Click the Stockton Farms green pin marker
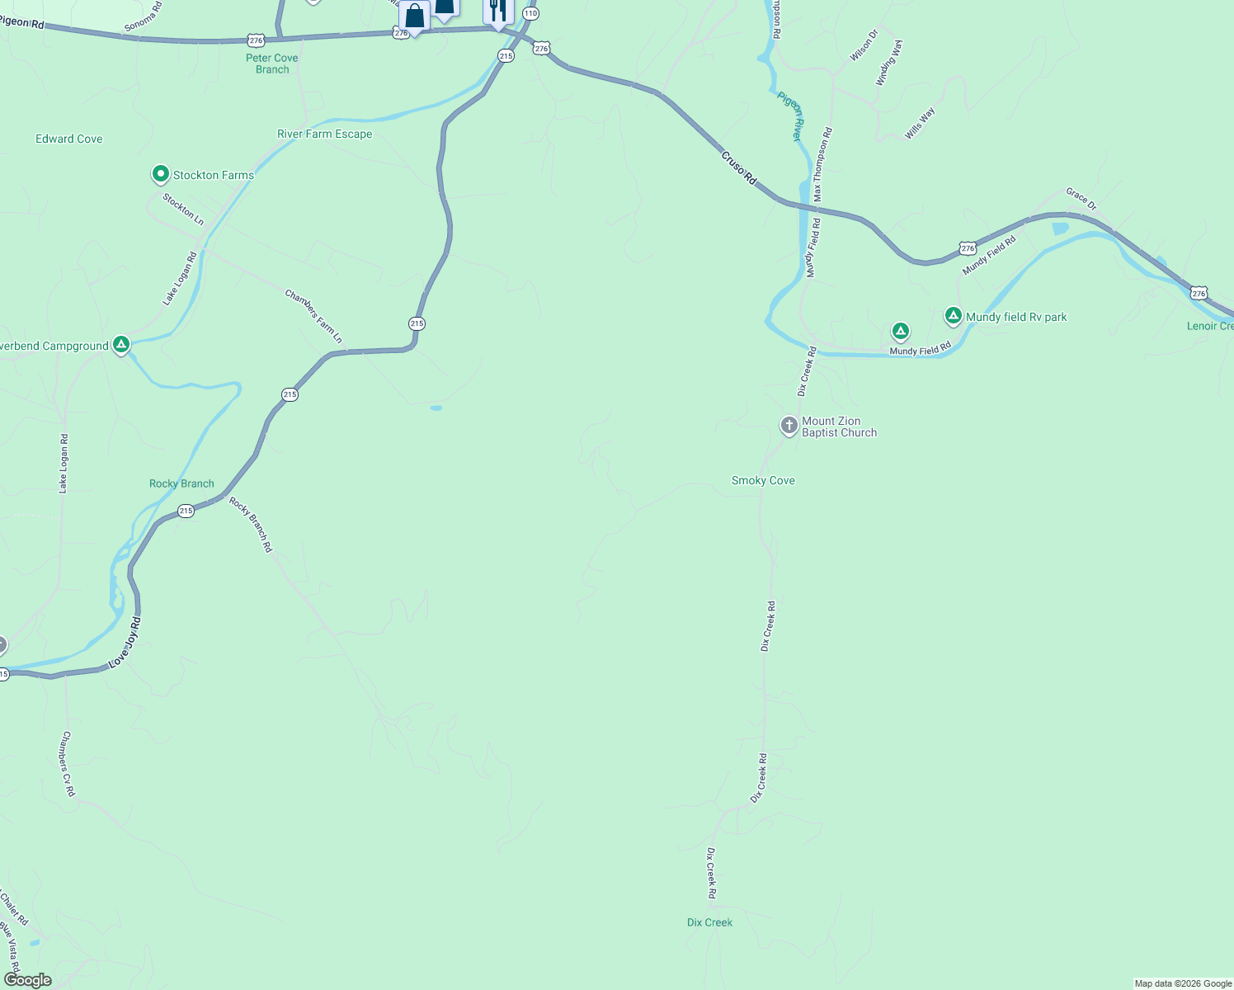161,174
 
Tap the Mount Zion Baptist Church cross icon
789,426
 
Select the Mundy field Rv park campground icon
954,316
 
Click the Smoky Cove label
763,480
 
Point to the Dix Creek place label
709,922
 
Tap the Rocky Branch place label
181,483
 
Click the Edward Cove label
69,139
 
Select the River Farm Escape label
324,134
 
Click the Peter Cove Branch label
272,64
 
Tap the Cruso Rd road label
738,167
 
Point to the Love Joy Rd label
126,643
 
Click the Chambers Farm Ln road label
313,316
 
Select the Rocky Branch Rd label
250,525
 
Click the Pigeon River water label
790,116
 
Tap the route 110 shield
530,14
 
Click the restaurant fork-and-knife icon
497,10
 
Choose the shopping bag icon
414,16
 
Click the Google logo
27,980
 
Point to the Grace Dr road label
1081,199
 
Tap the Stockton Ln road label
183,209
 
